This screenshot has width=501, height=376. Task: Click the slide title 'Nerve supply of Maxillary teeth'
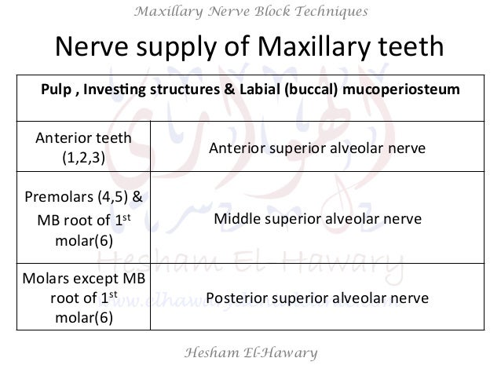click(x=249, y=49)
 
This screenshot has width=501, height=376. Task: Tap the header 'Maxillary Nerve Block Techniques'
click(x=250, y=11)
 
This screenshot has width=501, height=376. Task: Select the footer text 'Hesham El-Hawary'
click(x=250, y=353)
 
